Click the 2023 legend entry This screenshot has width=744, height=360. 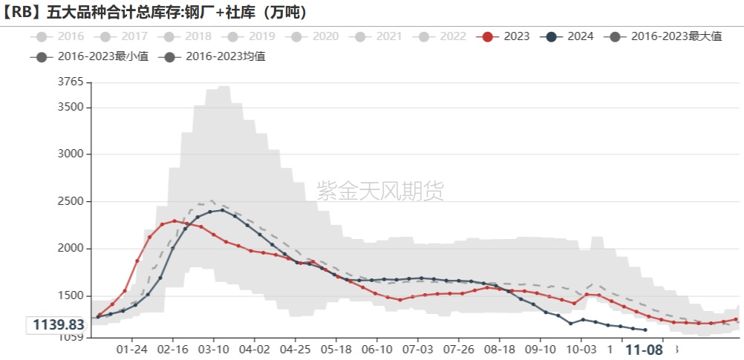(x=504, y=36)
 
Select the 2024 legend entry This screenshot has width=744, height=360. (x=569, y=36)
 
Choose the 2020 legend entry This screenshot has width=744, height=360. (x=315, y=36)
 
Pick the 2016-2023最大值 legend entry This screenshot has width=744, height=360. (x=665, y=36)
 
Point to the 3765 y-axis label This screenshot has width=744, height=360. (x=71, y=82)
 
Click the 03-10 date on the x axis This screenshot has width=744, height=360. (x=214, y=350)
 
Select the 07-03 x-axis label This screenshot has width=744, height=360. (x=417, y=350)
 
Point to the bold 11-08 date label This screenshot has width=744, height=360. (x=643, y=350)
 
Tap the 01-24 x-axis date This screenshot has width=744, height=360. (x=132, y=350)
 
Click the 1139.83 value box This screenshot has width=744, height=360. (x=57, y=325)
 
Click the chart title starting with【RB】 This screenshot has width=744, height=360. (x=156, y=12)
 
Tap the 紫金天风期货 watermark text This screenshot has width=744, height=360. (x=380, y=191)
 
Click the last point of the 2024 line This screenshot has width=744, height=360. (x=645, y=330)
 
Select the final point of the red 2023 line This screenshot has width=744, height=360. (x=736, y=319)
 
